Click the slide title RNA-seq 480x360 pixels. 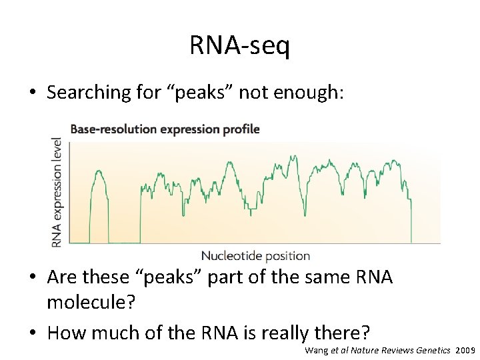pos(239,45)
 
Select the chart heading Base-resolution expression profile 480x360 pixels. pos(165,129)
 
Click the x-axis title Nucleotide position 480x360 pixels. pos(255,255)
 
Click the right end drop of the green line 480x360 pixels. pos(411,220)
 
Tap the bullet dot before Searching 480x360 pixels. pos(33,93)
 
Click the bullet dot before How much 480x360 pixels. pos(33,331)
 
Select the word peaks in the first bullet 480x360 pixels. pos(212,93)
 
